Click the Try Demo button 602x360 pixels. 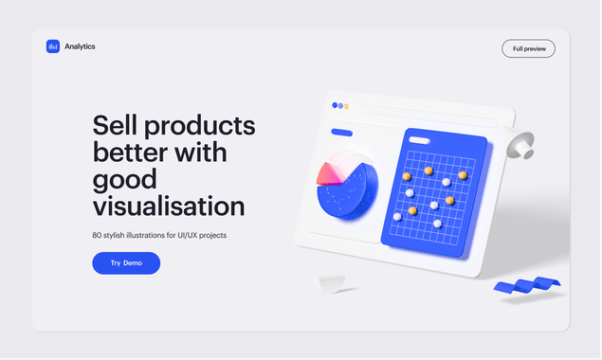pos(126,263)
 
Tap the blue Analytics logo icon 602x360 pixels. pos(53,46)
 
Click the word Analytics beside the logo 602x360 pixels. pos(80,46)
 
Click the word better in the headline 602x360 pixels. pos(129,152)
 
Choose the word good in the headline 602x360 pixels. pos(124,179)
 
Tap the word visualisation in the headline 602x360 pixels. pos(169,206)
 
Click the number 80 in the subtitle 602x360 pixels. pos(98,234)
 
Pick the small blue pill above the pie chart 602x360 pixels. pos(341,133)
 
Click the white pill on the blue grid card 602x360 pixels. pos(418,139)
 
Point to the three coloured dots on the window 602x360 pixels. pos(341,106)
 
